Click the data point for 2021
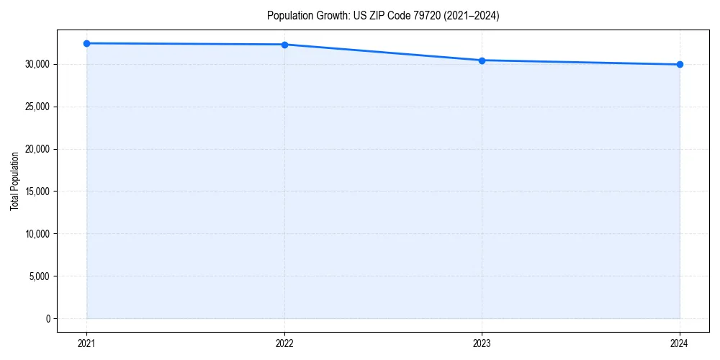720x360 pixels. click(x=86, y=43)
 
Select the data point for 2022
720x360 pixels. click(x=284, y=45)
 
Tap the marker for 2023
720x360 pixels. click(x=482, y=60)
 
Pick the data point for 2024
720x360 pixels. click(x=680, y=65)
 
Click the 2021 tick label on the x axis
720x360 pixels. click(x=86, y=343)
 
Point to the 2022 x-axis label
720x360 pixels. click(x=284, y=343)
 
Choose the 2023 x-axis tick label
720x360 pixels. click(x=482, y=343)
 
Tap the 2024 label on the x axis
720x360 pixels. click(x=680, y=343)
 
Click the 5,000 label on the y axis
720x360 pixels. click(x=40, y=276)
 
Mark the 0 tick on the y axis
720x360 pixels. click(x=48, y=319)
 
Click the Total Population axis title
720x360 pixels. click(x=14, y=181)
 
